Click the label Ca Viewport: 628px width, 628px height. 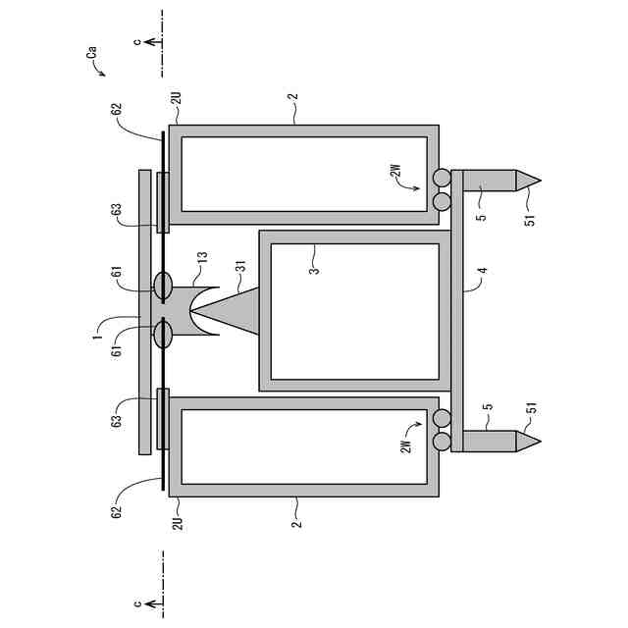pyautogui.click(x=92, y=53)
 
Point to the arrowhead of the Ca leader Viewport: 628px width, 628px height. pyautogui.click(x=103, y=75)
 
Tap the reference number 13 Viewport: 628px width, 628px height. pyautogui.click(x=203, y=257)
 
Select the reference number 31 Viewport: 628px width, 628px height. pyautogui.click(x=240, y=266)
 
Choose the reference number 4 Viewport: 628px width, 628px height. pyautogui.click(x=484, y=271)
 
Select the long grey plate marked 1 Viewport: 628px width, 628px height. pyautogui.click(x=145, y=312)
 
